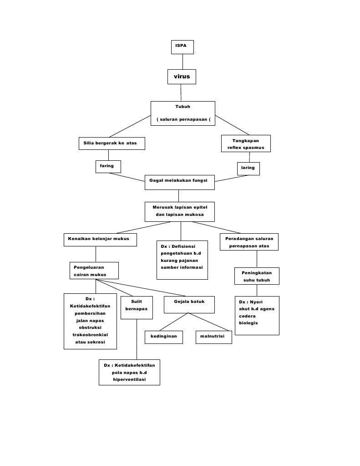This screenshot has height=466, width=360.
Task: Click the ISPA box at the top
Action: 183,47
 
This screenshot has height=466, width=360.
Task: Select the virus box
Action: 182,77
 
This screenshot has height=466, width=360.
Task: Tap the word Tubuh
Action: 183,107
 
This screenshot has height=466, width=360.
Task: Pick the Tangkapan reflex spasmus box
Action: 245,143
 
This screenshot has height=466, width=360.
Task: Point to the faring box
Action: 108,166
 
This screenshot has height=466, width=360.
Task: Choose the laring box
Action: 248,168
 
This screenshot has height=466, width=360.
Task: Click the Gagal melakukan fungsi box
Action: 179,181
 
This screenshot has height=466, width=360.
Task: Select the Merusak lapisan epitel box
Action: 180,211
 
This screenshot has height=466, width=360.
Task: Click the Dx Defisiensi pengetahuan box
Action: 182,260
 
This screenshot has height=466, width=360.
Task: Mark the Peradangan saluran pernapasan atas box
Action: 249,242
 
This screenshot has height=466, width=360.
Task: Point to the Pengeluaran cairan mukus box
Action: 94,270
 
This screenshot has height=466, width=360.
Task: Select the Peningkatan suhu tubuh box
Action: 257,276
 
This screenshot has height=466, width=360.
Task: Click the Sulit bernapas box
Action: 137,306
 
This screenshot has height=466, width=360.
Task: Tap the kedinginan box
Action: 163,337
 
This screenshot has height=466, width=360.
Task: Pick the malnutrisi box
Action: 213,337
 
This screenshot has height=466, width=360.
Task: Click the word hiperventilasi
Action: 129,379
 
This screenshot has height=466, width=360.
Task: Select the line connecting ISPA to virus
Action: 183,61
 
